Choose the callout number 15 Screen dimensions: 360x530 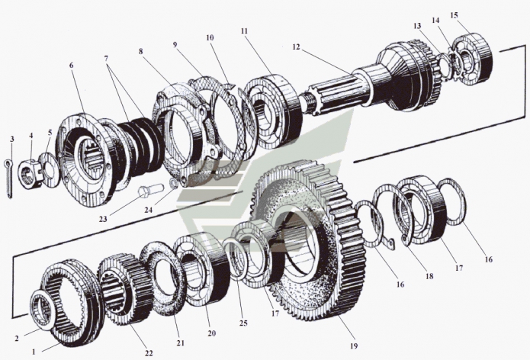(x=476, y=15)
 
